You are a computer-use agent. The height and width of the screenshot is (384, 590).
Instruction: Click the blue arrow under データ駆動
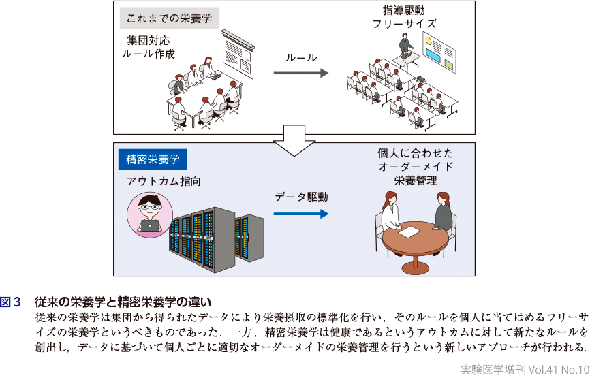click(300, 213)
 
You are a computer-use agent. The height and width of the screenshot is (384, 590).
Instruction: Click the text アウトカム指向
click(164, 181)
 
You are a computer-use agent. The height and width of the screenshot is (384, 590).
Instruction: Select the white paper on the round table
click(409, 232)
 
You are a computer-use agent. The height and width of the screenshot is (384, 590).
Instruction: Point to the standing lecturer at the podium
click(405, 47)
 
